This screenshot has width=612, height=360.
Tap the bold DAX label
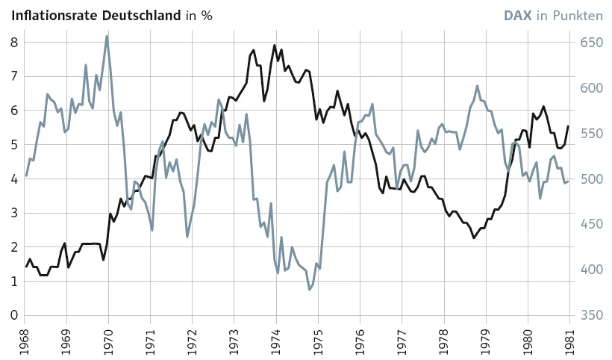(517, 15)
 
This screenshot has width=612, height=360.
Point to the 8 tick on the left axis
(14, 43)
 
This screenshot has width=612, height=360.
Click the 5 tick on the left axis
(14, 145)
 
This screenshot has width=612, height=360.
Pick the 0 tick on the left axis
(14, 315)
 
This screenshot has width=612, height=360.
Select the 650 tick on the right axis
(591, 43)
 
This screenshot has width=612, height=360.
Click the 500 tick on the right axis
(591, 179)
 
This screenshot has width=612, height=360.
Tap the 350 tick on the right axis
(591, 315)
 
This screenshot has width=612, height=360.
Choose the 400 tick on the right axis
(591, 270)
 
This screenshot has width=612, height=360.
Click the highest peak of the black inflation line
(275, 45)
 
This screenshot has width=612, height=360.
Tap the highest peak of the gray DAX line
(107, 36)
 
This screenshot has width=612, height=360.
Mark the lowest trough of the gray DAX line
(309, 290)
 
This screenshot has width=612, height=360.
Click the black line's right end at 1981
(568, 126)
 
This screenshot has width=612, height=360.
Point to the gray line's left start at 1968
(26, 176)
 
